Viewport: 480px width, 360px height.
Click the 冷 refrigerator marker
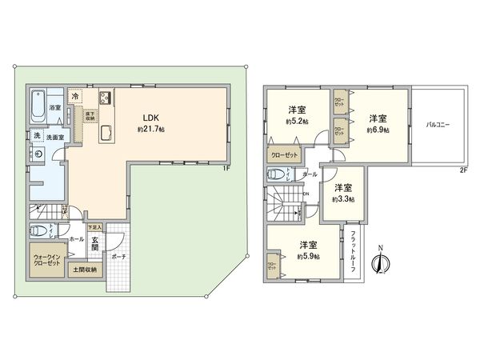[75, 97]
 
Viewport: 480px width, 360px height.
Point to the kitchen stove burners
[104, 98]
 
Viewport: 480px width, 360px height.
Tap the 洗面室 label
[53, 137]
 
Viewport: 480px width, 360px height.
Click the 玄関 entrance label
[94, 244]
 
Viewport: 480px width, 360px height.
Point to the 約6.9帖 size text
[378, 130]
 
